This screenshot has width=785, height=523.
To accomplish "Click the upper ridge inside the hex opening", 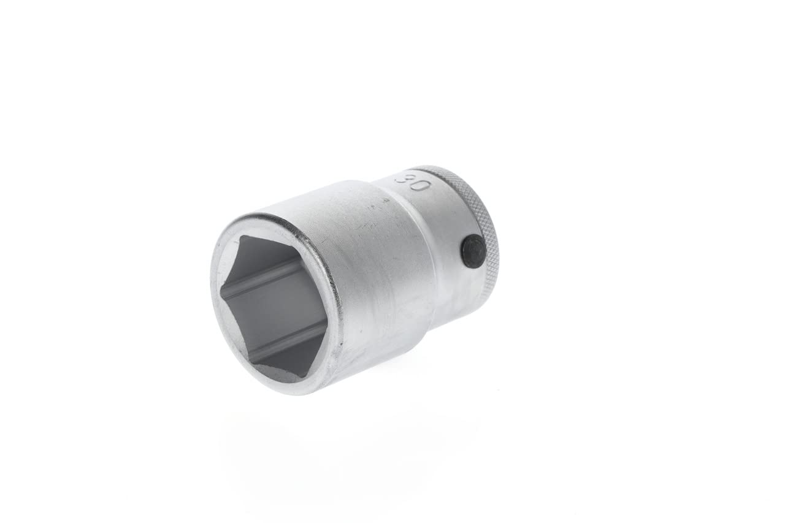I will [270, 276].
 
